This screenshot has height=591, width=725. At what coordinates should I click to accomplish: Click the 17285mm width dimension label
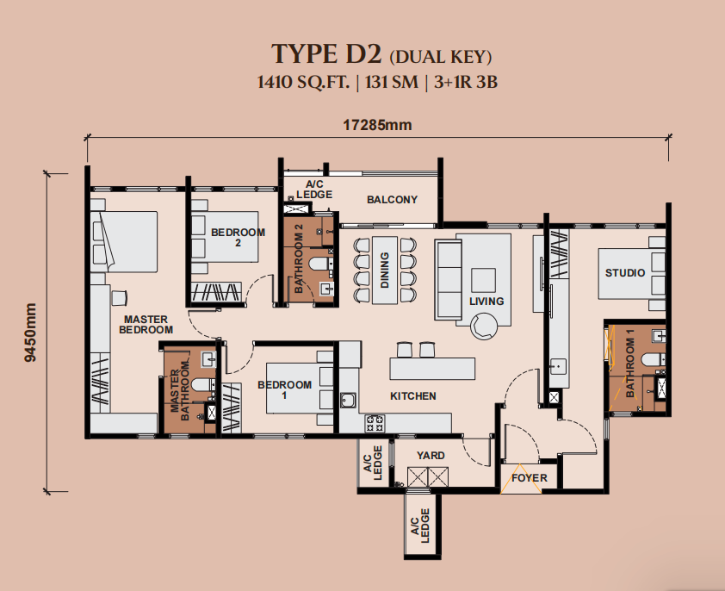(x=377, y=125)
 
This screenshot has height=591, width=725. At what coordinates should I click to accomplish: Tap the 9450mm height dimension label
(x=30, y=333)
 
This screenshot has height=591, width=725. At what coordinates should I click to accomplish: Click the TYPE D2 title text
(x=326, y=53)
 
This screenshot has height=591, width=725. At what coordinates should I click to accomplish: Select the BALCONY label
(x=392, y=200)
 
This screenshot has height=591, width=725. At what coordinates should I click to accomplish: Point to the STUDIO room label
(x=625, y=272)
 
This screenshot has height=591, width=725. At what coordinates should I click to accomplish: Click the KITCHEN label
(x=413, y=396)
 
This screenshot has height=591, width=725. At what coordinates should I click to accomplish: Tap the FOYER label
(x=530, y=477)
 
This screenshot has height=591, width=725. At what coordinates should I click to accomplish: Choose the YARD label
(x=431, y=456)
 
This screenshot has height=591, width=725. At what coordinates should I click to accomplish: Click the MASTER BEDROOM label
(x=146, y=325)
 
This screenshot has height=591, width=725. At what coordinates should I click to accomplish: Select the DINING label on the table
(x=385, y=271)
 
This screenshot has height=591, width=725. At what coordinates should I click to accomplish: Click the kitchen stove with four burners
(x=375, y=423)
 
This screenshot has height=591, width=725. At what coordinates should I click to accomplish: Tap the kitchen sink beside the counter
(x=348, y=401)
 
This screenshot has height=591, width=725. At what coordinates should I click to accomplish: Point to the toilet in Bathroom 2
(x=320, y=264)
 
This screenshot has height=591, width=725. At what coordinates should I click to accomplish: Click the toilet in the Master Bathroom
(x=203, y=384)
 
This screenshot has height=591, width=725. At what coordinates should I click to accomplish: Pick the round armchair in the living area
(x=484, y=326)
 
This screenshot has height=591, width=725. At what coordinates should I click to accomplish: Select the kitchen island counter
(x=432, y=369)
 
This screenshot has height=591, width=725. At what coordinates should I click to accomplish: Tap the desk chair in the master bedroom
(x=119, y=297)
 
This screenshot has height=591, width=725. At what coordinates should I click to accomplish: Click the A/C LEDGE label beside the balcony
(x=314, y=190)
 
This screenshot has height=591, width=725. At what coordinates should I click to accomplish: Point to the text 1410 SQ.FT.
(x=303, y=82)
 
